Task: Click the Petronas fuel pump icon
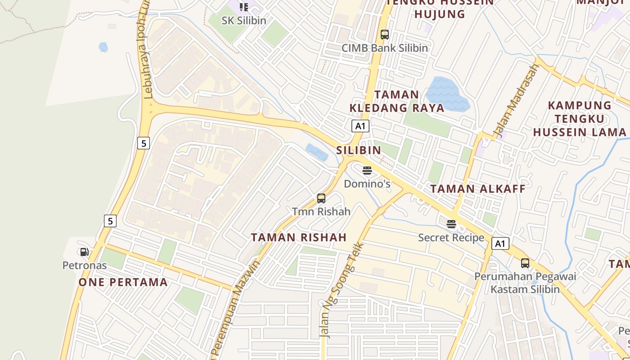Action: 84,252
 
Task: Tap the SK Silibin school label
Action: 244,21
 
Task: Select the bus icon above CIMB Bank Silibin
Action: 385,34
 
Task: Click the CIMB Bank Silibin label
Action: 385,48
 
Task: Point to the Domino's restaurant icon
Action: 367,171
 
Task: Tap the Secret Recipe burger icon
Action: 451,224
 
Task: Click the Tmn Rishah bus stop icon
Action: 321,198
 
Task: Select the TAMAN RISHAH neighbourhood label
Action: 299,237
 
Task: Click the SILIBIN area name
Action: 359,150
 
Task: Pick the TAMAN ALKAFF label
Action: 478,189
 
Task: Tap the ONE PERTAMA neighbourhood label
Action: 123,282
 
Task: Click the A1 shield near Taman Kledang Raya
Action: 360,126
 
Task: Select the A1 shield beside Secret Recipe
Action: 500,244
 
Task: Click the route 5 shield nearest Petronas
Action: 110,221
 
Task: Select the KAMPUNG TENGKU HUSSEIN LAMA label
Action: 580,119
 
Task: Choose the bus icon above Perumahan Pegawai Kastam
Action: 525,263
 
